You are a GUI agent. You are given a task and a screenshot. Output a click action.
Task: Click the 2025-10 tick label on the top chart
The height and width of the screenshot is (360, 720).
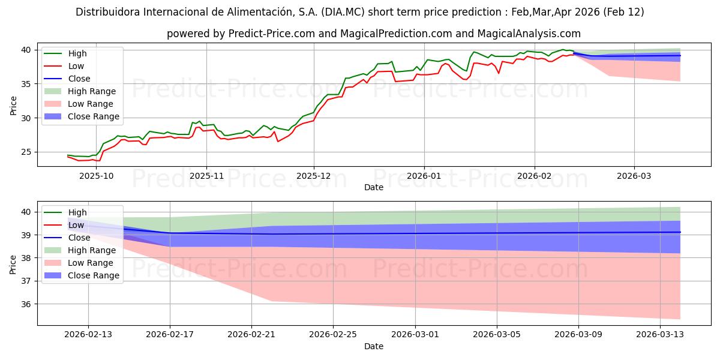point(97,176)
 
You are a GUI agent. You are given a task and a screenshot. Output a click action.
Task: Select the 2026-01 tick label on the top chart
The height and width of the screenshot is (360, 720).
point(424,176)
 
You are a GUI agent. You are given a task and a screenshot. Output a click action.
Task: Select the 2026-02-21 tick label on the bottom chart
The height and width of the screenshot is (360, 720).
point(251,335)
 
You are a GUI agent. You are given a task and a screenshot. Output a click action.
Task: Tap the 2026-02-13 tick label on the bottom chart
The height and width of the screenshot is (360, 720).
point(88,335)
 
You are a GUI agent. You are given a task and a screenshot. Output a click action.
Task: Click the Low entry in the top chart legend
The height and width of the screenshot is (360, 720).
point(76,66)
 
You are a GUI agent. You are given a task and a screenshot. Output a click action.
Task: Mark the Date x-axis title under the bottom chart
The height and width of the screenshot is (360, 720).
point(373,346)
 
